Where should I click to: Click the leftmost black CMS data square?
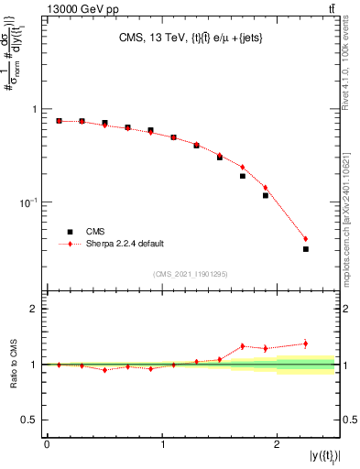coord(59,121)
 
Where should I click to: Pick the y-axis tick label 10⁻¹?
coord(29,202)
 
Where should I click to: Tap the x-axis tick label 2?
coord(278,445)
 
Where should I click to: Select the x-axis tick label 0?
coord(47,445)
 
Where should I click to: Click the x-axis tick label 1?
coord(162,445)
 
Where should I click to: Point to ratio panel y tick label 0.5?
coord(30,420)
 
